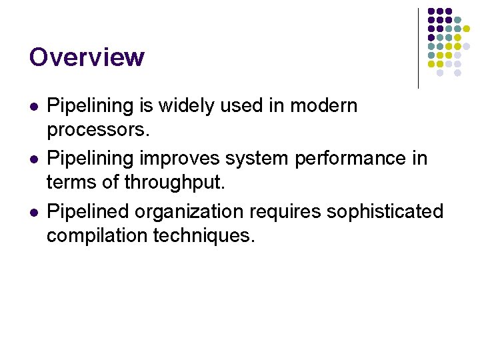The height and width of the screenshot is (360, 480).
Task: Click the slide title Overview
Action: pyautogui.click(x=87, y=57)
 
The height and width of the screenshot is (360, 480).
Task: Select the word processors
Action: pyautogui.click(x=97, y=129)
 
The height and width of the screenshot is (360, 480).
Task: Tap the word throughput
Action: pyautogui.click(x=173, y=183)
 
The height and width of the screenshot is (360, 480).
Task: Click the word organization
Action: pyautogui.click(x=189, y=212)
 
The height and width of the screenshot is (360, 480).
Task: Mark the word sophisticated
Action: pyautogui.click(x=385, y=212)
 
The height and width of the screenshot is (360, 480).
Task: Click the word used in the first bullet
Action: pyautogui.click(x=237, y=105)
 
